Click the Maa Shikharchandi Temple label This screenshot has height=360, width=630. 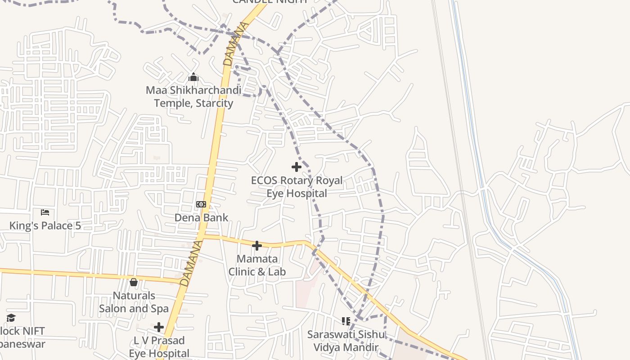coord(193,97)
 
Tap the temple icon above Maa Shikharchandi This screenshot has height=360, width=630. coord(193,77)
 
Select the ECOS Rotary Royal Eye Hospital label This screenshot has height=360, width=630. coord(297,187)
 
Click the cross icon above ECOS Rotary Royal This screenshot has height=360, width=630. coord(297,167)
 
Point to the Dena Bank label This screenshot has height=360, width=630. coord(201,218)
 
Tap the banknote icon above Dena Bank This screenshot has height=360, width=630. coord(201,204)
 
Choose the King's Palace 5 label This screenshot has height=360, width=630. coord(45,225)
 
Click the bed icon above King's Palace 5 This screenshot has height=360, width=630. coord(45,212)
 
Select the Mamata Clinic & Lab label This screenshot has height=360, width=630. coord(257,265)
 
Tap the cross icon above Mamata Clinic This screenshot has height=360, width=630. coord(257,246)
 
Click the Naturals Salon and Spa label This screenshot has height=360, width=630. coord(134,302)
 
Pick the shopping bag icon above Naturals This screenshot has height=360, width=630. coord(134,283)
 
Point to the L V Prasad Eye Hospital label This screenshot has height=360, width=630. coord(159,346)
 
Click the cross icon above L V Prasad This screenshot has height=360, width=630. coord(159,327)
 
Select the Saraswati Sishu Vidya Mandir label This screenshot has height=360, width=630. coord(346,341)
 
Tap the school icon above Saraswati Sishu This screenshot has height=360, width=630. coord(346,321)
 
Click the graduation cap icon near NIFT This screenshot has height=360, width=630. coord(11,318)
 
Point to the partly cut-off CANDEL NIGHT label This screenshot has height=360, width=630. coord(270,2)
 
